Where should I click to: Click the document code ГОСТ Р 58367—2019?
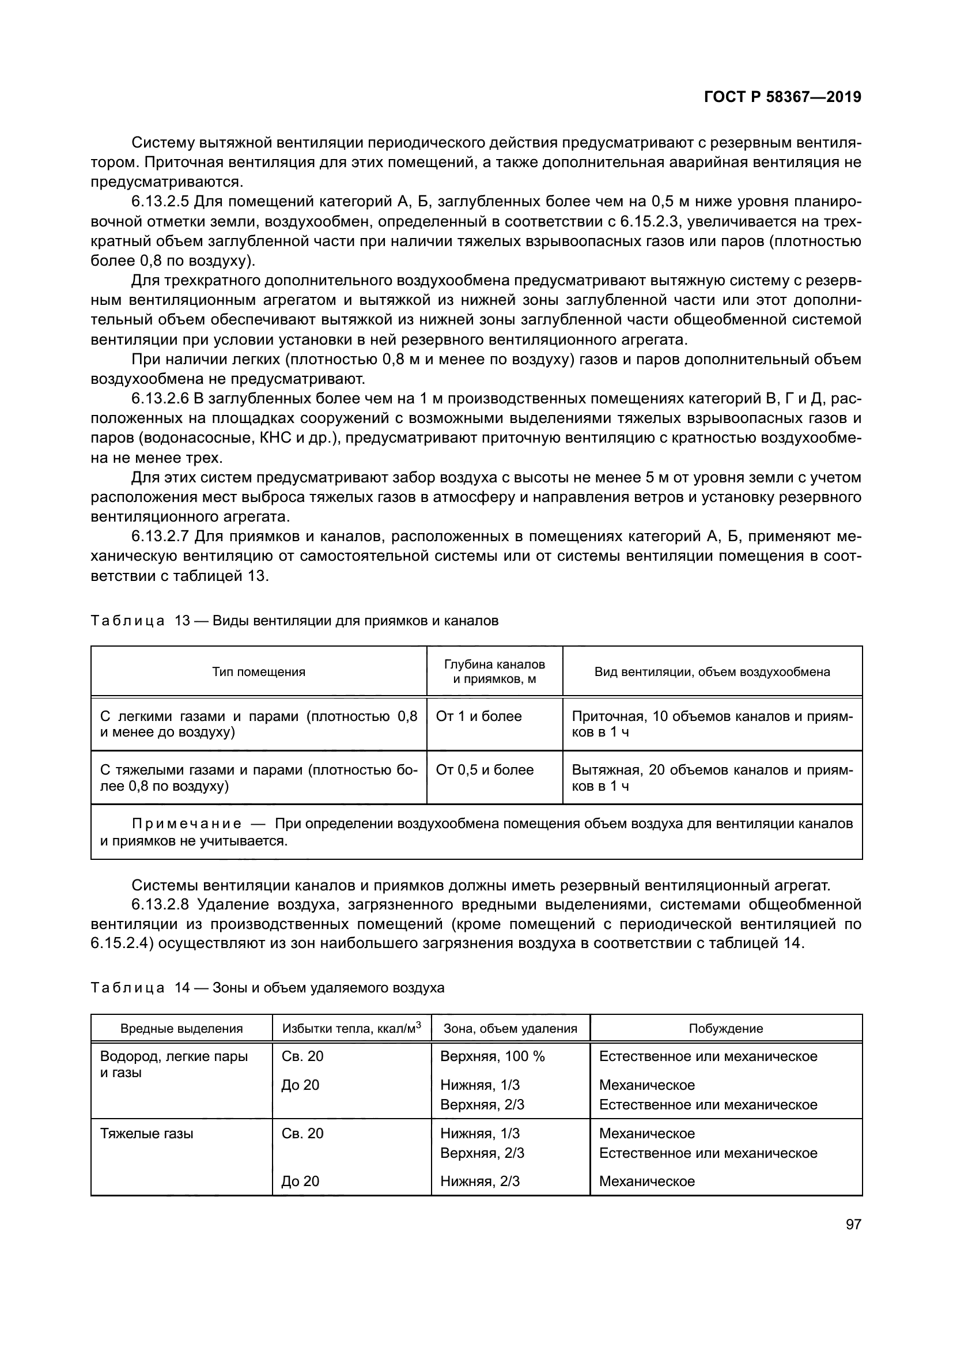tap(782, 97)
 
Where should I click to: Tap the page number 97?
tap(853, 1225)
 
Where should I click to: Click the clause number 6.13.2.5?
tap(160, 202)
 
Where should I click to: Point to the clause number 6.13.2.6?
tap(160, 399)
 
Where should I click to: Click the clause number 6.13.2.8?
tap(160, 905)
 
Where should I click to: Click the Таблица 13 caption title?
tap(294, 621)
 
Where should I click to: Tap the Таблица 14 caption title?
tap(267, 988)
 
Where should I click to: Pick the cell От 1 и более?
tap(479, 716)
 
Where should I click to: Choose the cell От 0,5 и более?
tap(485, 770)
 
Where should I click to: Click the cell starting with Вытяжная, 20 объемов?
tap(712, 778)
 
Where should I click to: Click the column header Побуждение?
tap(726, 1029)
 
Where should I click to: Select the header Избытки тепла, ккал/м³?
tap(351, 1029)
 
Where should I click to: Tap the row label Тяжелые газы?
tap(147, 1134)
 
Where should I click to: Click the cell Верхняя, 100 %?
tap(492, 1057)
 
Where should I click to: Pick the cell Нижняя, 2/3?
tap(480, 1181)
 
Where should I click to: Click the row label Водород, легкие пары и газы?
tap(174, 1064)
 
